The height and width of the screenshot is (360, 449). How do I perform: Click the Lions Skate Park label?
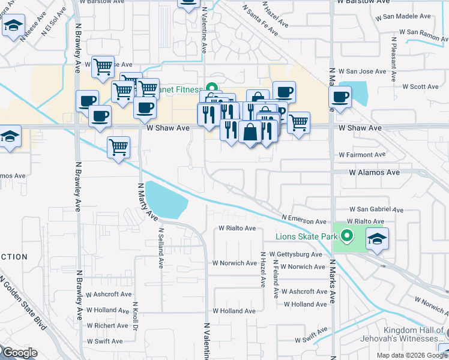coord(306,236)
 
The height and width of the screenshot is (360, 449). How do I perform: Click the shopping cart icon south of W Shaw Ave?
coord(118,146)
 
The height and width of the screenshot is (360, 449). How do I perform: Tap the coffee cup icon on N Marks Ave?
coord(340,97)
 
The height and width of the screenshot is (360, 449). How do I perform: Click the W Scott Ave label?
coord(420,87)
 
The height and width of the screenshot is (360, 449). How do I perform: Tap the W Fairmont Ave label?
coord(365,154)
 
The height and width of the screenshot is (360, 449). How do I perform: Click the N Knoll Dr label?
coord(136,315)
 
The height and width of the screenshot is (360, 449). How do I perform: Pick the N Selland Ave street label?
coord(161,247)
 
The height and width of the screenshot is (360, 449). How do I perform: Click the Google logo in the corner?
coord(19,352)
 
